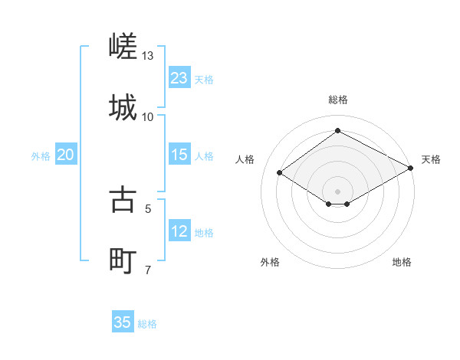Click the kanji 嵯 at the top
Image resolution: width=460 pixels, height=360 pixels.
pyautogui.click(x=123, y=47)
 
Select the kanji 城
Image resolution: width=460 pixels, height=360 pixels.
pyautogui.click(x=123, y=107)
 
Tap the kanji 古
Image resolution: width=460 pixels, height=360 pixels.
pyautogui.click(x=123, y=199)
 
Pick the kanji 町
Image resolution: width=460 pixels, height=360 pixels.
pyautogui.click(x=123, y=260)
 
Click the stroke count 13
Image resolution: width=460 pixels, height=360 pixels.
pyautogui.click(x=148, y=56)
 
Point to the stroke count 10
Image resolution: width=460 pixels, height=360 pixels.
pyautogui.click(x=148, y=116)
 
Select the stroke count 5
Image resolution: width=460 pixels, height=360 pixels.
pyautogui.click(x=148, y=208)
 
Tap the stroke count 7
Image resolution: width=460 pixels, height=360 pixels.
pyautogui.click(x=148, y=269)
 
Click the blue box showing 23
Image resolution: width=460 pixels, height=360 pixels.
pyautogui.click(x=179, y=78)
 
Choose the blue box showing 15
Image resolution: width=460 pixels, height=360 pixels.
pyautogui.click(x=179, y=155)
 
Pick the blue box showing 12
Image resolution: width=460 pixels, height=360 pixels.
pyautogui.click(x=179, y=231)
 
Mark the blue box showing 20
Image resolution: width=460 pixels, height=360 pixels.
pyautogui.click(x=66, y=155)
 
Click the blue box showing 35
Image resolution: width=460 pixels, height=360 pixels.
pyautogui.click(x=123, y=322)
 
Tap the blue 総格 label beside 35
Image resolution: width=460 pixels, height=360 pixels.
pyautogui.click(x=147, y=324)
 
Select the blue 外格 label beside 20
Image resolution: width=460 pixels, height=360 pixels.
pyautogui.click(x=41, y=156)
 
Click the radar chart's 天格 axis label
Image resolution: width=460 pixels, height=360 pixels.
pyautogui.click(x=431, y=159)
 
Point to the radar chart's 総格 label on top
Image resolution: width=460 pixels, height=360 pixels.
pyautogui.click(x=338, y=100)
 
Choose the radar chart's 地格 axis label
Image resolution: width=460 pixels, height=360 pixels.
pyautogui.click(x=402, y=262)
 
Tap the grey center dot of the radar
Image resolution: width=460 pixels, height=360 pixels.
pyautogui.click(x=338, y=191)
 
